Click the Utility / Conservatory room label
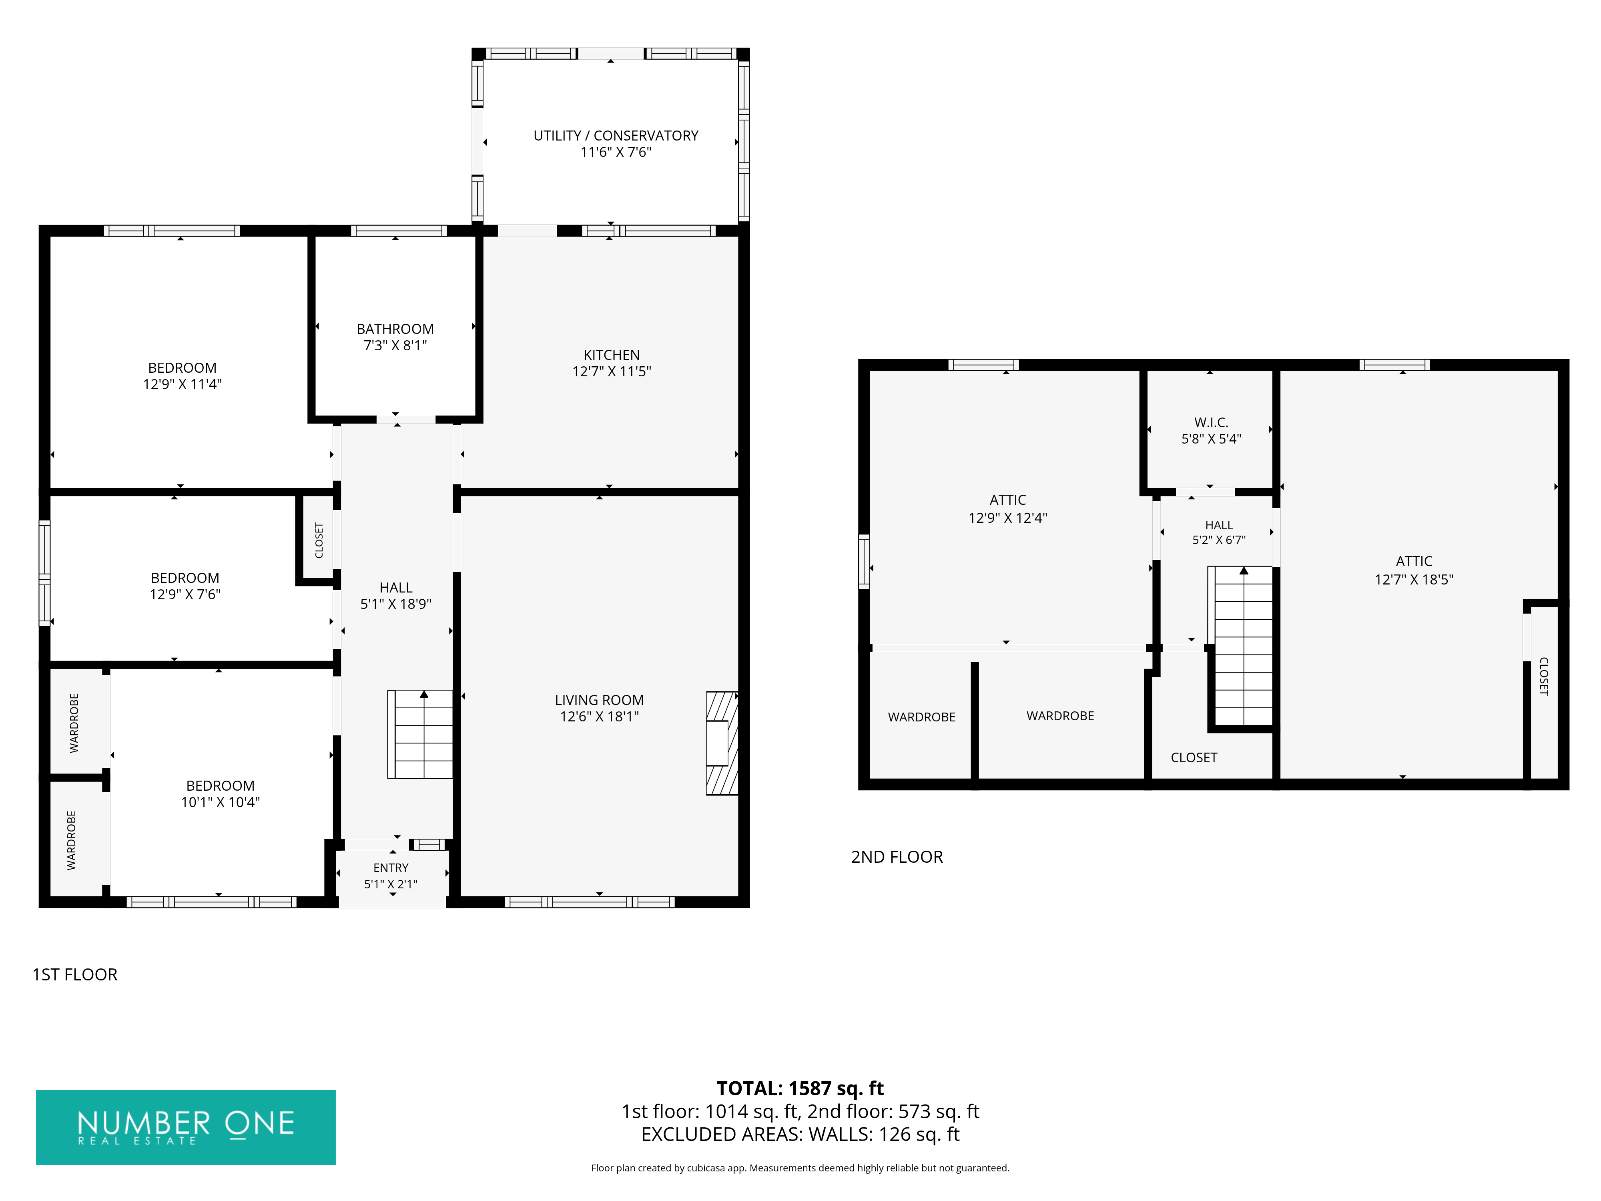pyautogui.click(x=616, y=135)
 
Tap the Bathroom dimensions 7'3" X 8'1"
pyautogui.click(x=395, y=346)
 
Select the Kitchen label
pyautogui.click(x=612, y=355)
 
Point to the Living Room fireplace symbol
pyautogui.click(x=722, y=743)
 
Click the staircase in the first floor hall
pyautogui.click(x=421, y=734)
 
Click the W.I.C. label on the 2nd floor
pyautogui.click(x=1211, y=422)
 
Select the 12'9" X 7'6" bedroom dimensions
pyautogui.click(x=185, y=594)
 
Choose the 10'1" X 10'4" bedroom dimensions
pyautogui.click(x=220, y=802)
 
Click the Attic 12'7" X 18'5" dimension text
pyautogui.click(x=1414, y=579)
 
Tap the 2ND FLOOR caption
pyautogui.click(x=897, y=857)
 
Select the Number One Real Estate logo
pyautogui.click(x=186, y=1127)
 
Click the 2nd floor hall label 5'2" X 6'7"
pyautogui.click(x=1219, y=540)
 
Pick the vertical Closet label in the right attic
pyautogui.click(x=1543, y=676)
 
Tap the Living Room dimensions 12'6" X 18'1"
pyautogui.click(x=599, y=717)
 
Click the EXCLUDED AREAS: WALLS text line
pyautogui.click(x=800, y=1135)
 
